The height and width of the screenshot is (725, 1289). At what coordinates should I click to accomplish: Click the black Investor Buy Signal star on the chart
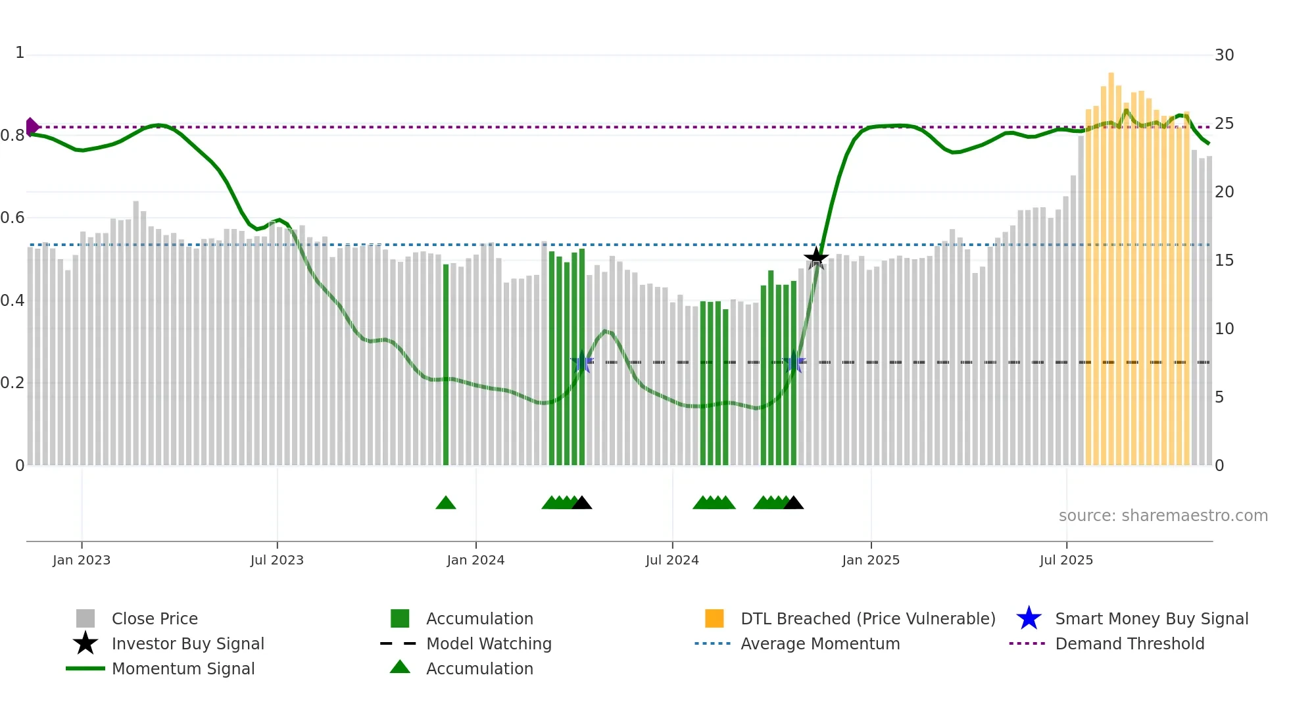(x=815, y=258)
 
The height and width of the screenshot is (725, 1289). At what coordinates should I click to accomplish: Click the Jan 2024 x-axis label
(x=475, y=560)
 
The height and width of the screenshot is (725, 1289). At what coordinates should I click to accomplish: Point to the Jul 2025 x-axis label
(x=1066, y=560)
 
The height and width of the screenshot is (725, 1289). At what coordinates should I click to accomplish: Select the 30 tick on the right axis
(x=1224, y=55)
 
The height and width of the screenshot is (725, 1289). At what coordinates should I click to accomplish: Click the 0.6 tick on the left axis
(x=13, y=217)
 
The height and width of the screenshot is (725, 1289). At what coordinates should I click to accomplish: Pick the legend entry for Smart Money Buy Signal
(x=1151, y=618)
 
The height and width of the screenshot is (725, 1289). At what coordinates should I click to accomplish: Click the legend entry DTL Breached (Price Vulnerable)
(x=867, y=618)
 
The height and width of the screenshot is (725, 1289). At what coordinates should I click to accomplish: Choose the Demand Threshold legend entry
(x=1129, y=643)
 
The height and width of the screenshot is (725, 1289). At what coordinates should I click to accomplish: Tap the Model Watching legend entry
(x=488, y=643)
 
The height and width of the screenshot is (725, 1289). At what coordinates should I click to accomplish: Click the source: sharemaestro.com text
(x=1163, y=516)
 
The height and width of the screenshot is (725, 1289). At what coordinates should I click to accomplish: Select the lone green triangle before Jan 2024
(x=446, y=503)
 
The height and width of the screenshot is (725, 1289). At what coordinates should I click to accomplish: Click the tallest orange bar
(x=1111, y=263)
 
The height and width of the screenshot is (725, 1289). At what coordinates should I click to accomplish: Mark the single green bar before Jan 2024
(x=446, y=362)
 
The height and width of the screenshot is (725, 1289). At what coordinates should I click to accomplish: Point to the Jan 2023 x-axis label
(x=82, y=560)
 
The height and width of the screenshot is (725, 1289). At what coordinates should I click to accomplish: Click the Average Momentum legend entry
(x=819, y=643)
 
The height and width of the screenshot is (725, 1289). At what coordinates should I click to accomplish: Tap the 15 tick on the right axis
(x=1224, y=261)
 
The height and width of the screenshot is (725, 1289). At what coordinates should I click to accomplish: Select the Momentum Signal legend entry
(x=183, y=668)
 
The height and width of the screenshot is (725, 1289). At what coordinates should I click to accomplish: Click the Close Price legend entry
(x=154, y=618)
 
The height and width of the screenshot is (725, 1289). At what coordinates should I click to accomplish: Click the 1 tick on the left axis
(x=20, y=53)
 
